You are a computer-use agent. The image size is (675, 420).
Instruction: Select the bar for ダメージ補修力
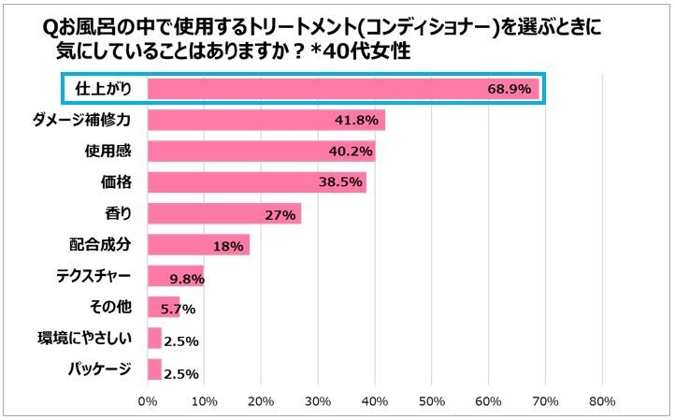pos(266,120)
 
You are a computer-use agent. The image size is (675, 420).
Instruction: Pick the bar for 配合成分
pos(198,245)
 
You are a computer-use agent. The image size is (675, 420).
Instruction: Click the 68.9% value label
pos(509,89)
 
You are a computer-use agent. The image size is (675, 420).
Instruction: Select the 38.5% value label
pos(339,182)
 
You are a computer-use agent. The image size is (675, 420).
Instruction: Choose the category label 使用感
pos(105,152)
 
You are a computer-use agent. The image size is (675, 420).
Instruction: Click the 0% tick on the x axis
pos(147,402)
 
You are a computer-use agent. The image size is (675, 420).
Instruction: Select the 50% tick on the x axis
pos(431,402)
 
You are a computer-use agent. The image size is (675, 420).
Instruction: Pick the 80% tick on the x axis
pos(602,402)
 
